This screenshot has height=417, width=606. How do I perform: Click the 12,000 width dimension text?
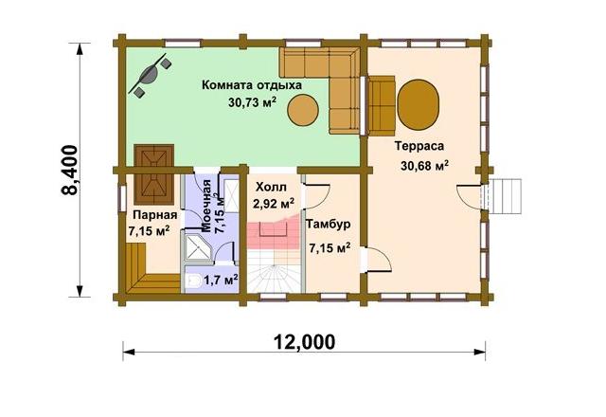coord(305,342)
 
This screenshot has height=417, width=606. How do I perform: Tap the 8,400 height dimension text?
coord(70,171)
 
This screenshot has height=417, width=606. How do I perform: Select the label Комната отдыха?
coord(252,85)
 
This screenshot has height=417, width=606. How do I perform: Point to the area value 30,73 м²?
coord(252,102)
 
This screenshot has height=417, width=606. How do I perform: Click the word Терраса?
coord(419,146)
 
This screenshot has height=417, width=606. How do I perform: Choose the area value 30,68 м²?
coord(425,166)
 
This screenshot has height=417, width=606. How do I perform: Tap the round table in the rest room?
coord(303,110)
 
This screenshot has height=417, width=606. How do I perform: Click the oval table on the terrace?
coord(419,104)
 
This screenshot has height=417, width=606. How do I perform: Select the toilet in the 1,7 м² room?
coord(192,281)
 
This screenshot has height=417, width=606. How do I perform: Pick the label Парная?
coord(155,215)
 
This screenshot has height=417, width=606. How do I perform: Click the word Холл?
coord(272,188)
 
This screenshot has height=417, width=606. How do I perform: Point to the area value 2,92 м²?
coord(274,204)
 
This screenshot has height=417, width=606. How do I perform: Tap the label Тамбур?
coord(329,225)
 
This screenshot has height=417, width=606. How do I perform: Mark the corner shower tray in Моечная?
coord(197,246)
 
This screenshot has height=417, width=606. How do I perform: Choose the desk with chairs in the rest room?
coord(151,74)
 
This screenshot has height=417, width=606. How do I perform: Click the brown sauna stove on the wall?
coord(153,174)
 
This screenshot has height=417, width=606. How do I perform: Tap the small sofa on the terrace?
coord(381,105)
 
